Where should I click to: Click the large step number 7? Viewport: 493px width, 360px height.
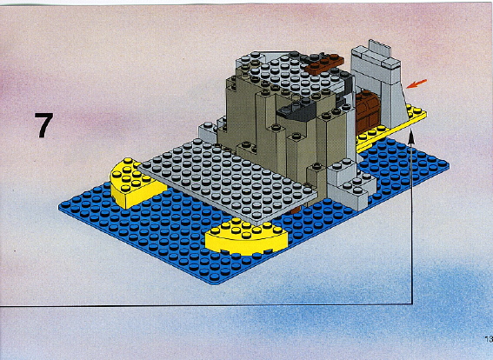(x=43, y=125)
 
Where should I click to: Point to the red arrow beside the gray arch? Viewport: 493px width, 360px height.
(x=416, y=84)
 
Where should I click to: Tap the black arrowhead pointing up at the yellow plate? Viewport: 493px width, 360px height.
(x=410, y=136)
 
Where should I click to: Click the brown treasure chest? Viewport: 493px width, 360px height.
(x=368, y=110)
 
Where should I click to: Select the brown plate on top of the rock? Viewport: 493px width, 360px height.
(x=323, y=63)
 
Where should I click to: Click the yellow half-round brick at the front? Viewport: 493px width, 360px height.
(x=246, y=237)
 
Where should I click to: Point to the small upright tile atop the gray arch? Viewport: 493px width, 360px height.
(x=380, y=48)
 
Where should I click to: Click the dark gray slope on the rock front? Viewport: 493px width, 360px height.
(x=296, y=110)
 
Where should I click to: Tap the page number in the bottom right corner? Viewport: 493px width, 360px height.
(x=489, y=339)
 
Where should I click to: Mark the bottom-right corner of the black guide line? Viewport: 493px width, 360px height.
(x=412, y=303)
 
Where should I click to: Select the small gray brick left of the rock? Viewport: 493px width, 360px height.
(x=208, y=132)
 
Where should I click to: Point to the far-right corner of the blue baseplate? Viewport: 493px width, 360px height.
(x=449, y=164)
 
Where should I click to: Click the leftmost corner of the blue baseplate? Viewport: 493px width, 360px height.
(x=59, y=207)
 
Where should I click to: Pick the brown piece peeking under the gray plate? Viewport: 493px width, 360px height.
(x=294, y=210)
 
